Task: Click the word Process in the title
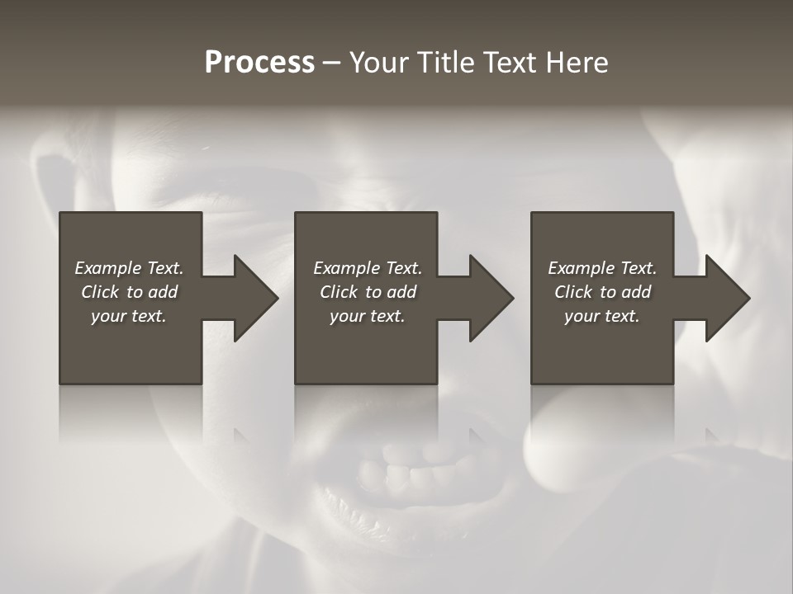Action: (x=259, y=63)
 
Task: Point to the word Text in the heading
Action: (x=506, y=63)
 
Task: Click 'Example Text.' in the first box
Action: (x=129, y=268)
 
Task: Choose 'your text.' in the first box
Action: (x=129, y=316)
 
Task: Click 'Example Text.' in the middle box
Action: (x=368, y=268)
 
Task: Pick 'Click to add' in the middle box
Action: (x=368, y=292)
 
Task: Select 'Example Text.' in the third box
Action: (x=602, y=268)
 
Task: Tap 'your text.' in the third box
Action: (x=602, y=316)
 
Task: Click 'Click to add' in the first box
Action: (x=129, y=292)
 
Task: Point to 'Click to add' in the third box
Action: (x=602, y=292)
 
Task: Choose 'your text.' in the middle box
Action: (x=368, y=316)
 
